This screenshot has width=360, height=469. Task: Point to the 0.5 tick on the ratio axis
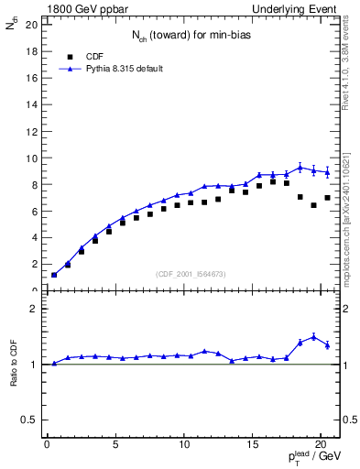29,420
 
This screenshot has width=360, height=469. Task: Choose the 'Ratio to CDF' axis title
15,364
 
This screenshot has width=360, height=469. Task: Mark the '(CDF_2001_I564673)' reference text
191,274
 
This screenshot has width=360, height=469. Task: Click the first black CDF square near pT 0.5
54,275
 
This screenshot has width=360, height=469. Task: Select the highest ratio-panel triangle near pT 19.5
313,336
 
